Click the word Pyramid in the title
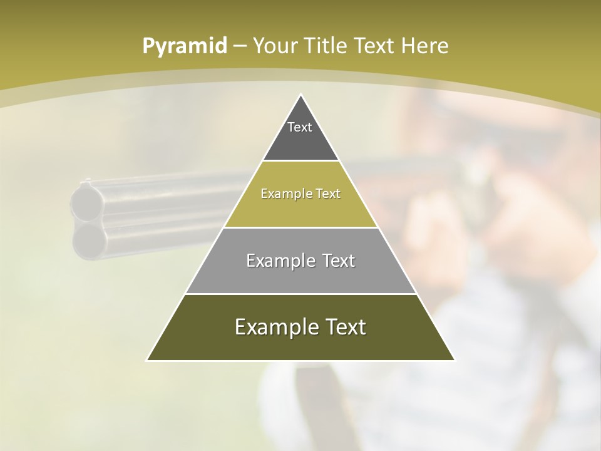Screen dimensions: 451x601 click(x=184, y=46)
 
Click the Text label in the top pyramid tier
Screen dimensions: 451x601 click(x=300, y=127)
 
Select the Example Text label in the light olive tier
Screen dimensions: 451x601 click(x=300, y=194)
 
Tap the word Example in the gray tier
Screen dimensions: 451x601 click(x=278, y=261)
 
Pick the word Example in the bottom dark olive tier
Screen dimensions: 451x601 click(x=273, y=327)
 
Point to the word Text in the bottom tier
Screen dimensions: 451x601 click(x=342, y=327)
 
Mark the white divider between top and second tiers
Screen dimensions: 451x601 click(x=300, y=161)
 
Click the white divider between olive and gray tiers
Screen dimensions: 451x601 click(x=300, y=227)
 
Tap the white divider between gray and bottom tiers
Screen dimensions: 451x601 click(x=300, y=294)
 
